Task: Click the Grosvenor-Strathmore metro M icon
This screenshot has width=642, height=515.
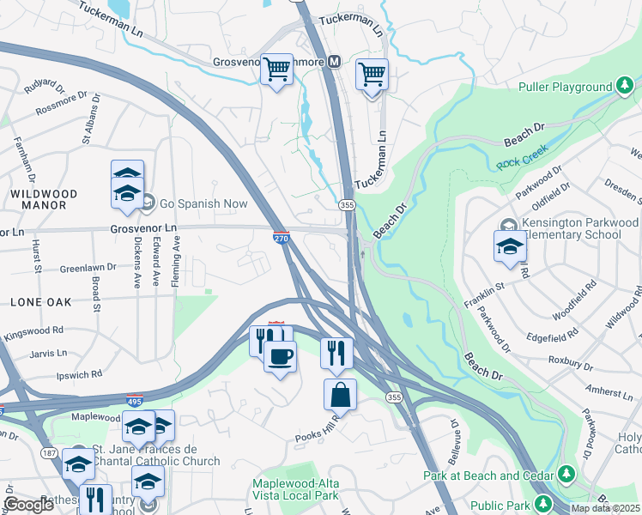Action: point(334,62)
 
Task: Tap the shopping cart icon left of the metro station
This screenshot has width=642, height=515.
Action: point(276,70)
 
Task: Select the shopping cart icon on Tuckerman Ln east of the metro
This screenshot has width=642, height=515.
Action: point(372,75)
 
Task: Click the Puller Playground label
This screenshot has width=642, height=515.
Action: point(565,87)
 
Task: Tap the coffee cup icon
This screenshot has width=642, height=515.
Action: point(279,354)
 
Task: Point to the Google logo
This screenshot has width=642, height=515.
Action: point(28,505)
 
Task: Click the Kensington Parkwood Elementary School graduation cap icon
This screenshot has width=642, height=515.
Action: point(510,246)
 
